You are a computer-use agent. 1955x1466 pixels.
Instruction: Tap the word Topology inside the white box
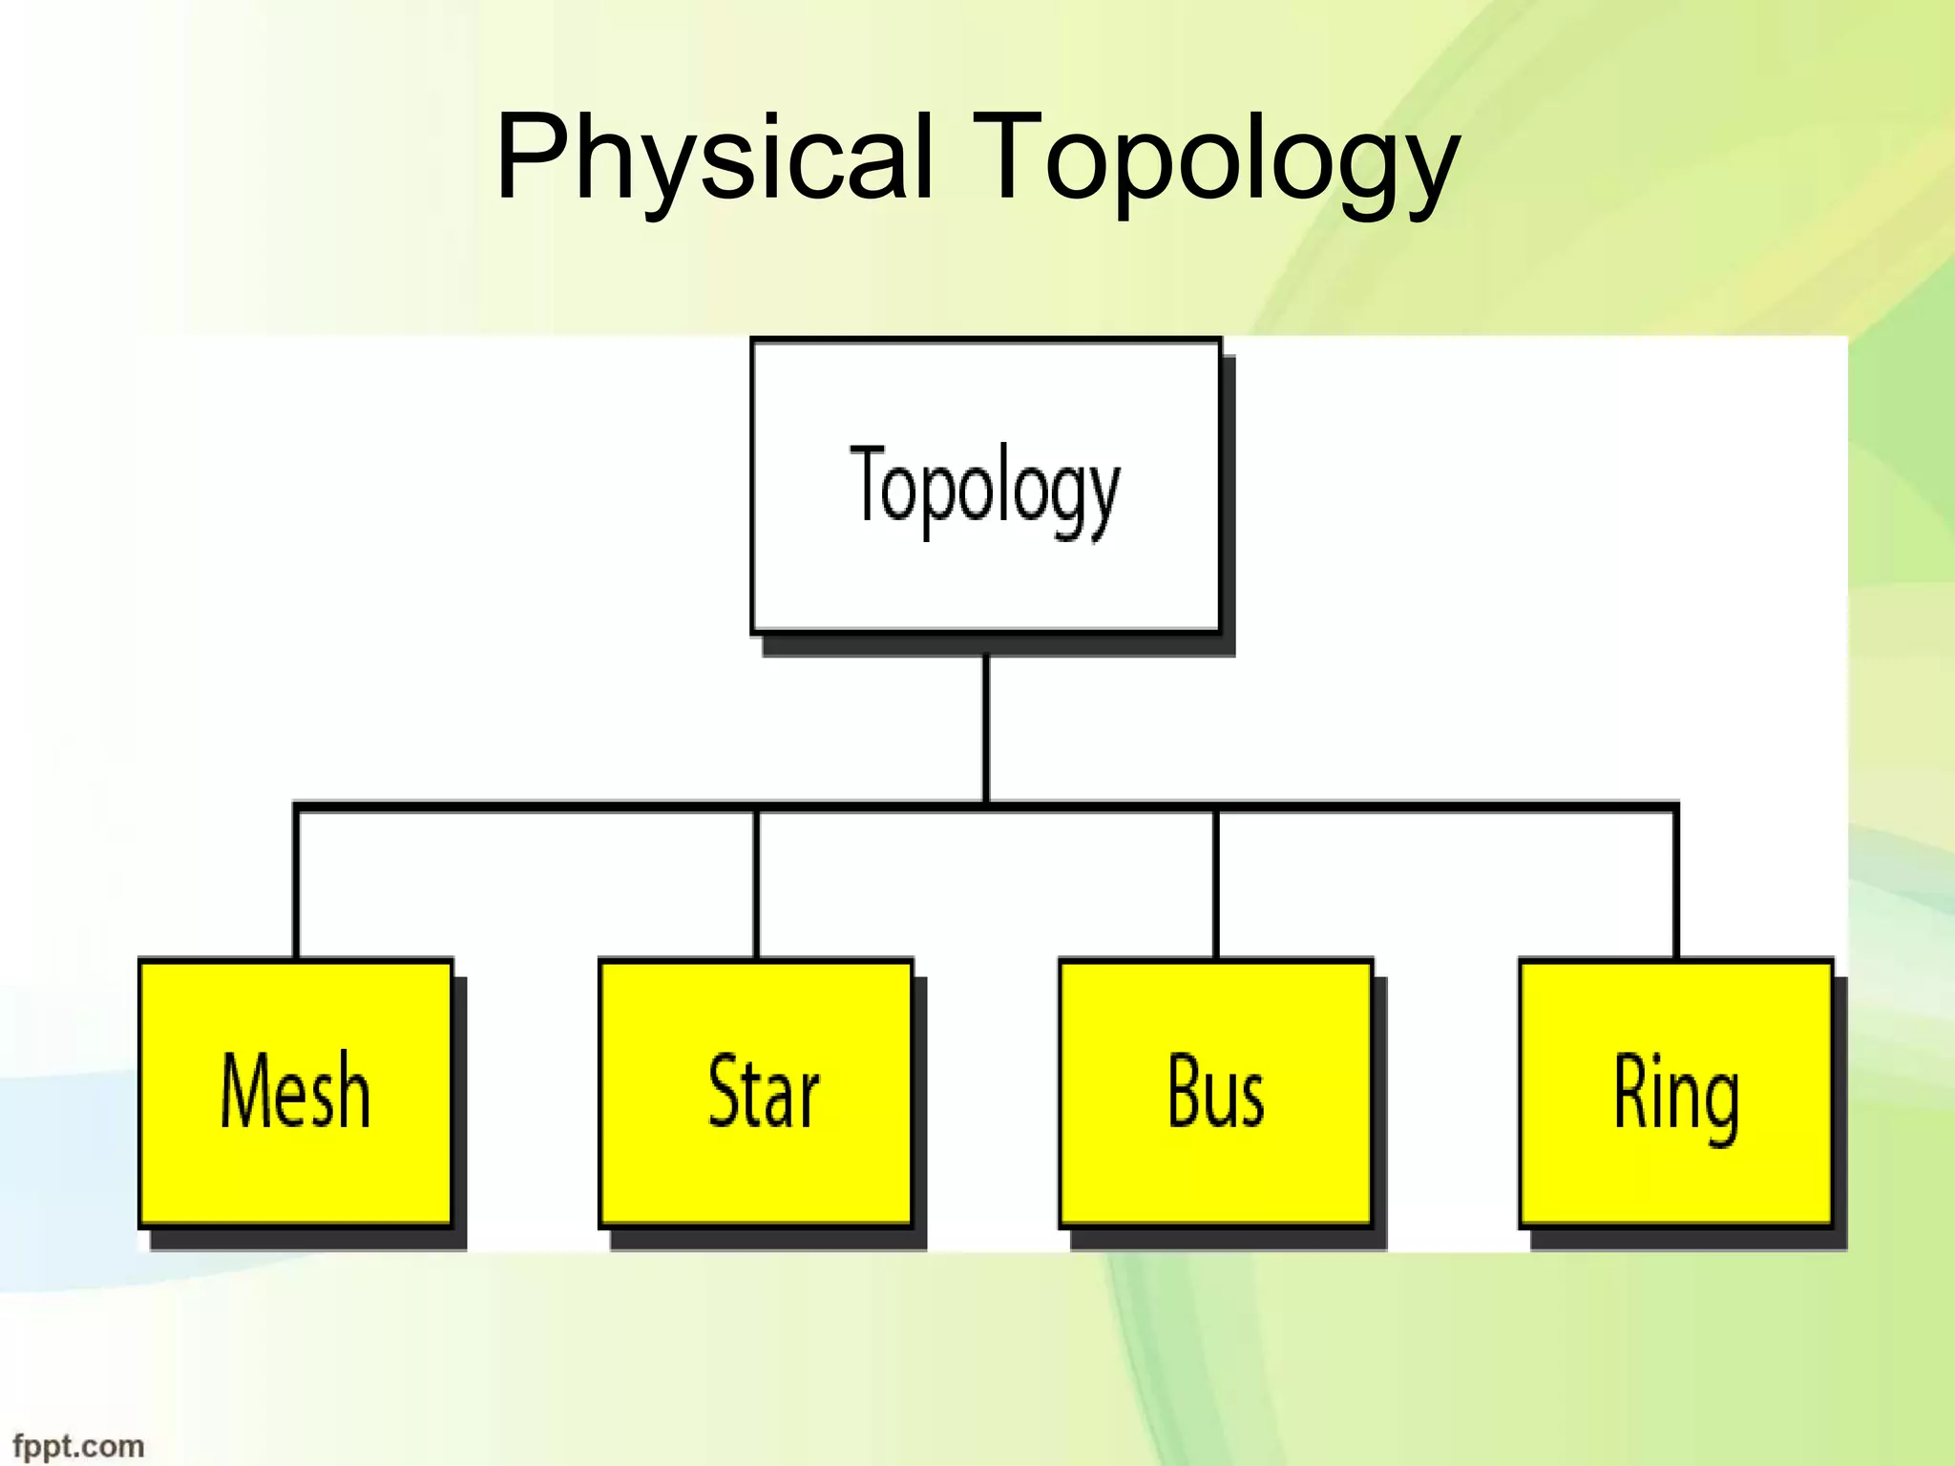(x=985, y=488)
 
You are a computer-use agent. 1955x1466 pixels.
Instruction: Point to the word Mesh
(x=295, y=1090)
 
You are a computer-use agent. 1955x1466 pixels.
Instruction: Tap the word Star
(x=763, y=1090)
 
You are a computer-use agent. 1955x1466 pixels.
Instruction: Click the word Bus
(x=1215, y=1090)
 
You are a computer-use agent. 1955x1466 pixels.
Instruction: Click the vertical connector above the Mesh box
(x=296, y=883)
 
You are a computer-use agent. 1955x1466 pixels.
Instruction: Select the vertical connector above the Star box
(x=756, y=883)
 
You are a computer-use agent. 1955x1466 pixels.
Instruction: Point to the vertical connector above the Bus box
(x=1215, y=883)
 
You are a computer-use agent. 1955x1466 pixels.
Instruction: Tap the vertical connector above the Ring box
(x=1675, y=883)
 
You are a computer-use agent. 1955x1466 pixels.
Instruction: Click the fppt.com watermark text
(x=78, y=1446)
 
